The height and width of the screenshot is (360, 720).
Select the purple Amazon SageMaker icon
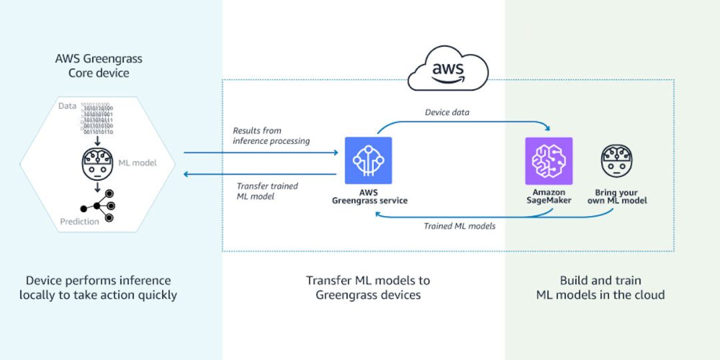click(549, 161)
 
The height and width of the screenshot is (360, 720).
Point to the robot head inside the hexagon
click(97, 163)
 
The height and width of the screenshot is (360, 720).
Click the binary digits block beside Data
click(97, 119)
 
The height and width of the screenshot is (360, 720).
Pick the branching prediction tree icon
click(97, 205)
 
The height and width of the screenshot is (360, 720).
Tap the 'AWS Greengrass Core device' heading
click(99, 65)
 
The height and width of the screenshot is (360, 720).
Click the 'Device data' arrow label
click(447, 112)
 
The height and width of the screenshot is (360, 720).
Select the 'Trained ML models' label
click(459, 226)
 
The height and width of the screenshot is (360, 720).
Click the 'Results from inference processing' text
click(271, 136)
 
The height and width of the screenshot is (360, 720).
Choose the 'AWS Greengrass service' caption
click(369, 196)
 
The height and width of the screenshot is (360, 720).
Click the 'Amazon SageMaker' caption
click(549, 196)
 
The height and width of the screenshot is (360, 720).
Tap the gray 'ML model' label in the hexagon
click(137, 163)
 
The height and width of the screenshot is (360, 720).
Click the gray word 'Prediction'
click(79, 222)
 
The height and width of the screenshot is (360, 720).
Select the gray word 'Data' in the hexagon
click(67, 106)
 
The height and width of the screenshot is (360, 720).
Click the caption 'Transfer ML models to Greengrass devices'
click(368, 287)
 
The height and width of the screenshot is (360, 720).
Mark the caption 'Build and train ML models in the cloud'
click(601, 287)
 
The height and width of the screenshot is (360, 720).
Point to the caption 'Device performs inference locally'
click(98, 287)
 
